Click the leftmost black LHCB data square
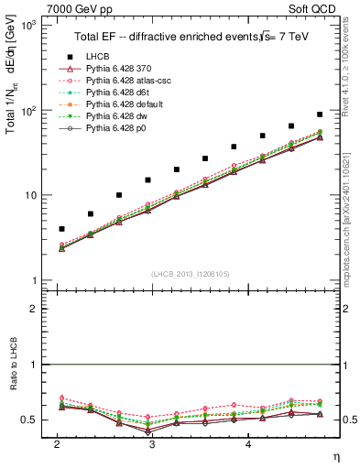point(61,228)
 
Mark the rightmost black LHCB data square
point(320,115)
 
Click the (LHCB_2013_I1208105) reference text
point(191,274)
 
